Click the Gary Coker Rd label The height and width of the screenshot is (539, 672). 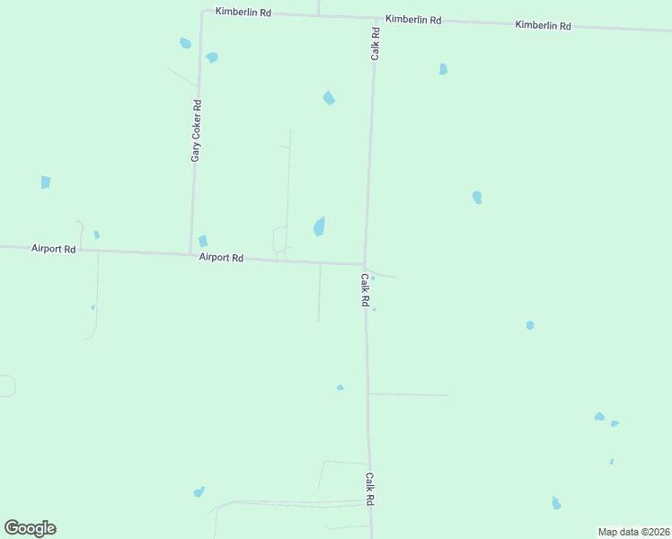click(x=197, y=130)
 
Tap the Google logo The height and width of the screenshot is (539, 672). click(x=31, y=528)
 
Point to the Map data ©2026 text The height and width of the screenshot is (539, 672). click(x=633, y=531)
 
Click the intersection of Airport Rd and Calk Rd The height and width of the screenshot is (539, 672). click(x=365, y=264)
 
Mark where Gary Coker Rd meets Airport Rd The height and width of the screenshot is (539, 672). click(x=190, y=253)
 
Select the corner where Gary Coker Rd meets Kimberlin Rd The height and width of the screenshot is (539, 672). click(x=201, y=12)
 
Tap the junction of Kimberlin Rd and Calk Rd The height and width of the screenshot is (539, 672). click(x=375, y=18)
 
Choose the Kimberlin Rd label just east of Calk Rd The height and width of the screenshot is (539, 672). click(x=413, y=19)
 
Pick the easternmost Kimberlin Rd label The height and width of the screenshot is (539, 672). click(x=543, y=25)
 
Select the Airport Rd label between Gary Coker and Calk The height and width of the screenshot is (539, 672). click(x=221, y=258)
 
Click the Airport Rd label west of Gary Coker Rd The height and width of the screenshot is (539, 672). click(x=53, y=248)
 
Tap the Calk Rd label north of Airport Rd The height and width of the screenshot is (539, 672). click(x=376, y=44)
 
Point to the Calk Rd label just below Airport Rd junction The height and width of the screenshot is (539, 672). click(x=365, y=291)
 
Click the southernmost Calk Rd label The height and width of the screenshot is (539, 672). click(x=369, y=489)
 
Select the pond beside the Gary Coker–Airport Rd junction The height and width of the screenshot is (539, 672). click(x=203, y=241)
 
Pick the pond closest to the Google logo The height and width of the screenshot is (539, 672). click(x=199, y=491)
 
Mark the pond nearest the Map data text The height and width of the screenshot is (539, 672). click(x=556, y=503)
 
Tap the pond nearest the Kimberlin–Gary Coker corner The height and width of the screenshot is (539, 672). click(x=185, y=43)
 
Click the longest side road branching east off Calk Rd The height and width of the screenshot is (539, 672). click(x=408, y=394)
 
